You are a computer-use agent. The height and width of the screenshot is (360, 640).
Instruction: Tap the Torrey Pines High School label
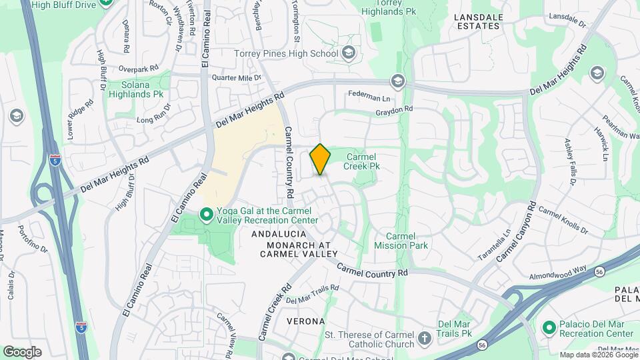[x=286, y=53]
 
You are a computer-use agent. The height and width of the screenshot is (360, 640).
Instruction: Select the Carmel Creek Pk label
[x=362, y=162]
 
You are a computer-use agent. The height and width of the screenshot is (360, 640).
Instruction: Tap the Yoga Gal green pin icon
[x=207, y=215]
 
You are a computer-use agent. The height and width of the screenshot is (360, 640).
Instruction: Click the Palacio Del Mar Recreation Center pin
[x=549, y=328]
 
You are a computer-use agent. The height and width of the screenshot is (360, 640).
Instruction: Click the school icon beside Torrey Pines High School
[x=348, y=53]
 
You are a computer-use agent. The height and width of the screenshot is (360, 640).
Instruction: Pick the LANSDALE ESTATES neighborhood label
[x=477, y=21]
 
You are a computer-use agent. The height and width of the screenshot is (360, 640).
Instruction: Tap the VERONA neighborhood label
[x=305, y=321]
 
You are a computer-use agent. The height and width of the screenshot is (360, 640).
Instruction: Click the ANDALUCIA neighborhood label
[x=279, y=234]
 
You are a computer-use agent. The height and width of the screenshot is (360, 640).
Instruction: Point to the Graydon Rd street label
[x=395, y=110]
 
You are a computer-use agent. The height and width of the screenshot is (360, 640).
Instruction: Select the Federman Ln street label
[x=368, y=95]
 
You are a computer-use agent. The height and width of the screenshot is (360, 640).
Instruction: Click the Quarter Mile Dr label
[x=232, y=78]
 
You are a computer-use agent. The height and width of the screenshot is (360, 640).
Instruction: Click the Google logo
[x=22, y=351]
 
